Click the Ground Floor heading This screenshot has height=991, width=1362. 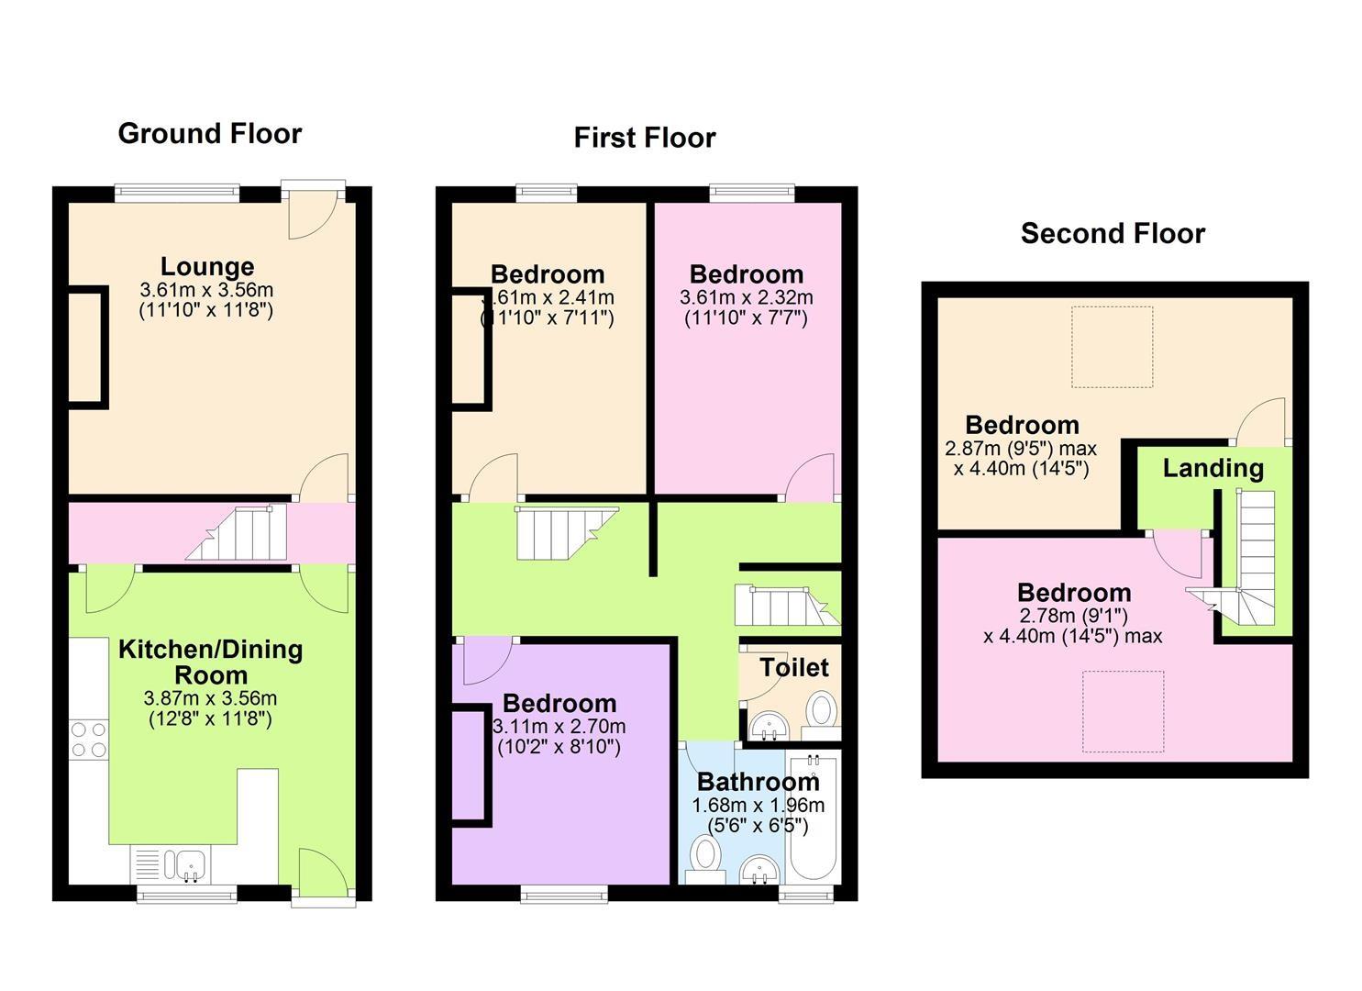tap(209, 133)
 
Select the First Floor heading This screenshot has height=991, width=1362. tap(644, 138)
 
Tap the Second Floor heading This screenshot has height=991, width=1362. tap(1112, 233)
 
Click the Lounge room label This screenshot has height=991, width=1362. tap(207, 267)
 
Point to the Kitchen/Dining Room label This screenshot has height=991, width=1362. tap(210, 662)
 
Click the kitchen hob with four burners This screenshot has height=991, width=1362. tap(88, 740)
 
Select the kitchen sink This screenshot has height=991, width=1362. tap(191, 863)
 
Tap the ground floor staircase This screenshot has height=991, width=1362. tap(237, 533)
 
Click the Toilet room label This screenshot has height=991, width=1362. tap(793, 667)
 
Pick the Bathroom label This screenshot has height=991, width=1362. tap(758, 782)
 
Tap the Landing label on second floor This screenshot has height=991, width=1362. tap(1213, 468)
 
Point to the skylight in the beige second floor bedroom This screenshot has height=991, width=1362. tap(1112, 347)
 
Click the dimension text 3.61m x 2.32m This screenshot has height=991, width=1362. tap(746, 297)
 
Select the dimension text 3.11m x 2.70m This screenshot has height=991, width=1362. tap(559, 727)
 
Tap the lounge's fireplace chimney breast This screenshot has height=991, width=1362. tap(88, 347)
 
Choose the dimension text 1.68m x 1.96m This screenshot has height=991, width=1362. tap(758, 806)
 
